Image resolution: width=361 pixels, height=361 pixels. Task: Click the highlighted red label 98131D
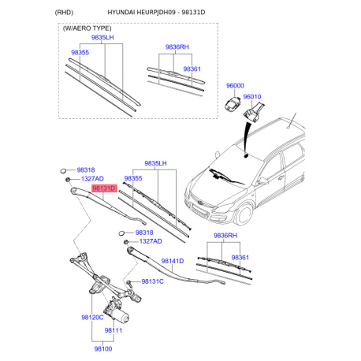point(104,188)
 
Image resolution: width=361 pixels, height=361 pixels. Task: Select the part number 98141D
point(173,261)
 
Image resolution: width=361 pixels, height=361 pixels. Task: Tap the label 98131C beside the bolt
point(152,281)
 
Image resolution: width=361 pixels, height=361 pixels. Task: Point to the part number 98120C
point(92,318)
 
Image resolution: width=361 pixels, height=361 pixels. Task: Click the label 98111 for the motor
point(114,330)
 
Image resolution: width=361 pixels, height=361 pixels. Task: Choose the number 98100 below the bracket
point(103,348)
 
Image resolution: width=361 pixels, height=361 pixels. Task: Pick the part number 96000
point(235,85)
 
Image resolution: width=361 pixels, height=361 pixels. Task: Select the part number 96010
point(252,97)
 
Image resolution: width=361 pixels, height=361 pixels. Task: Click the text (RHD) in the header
point(64,13)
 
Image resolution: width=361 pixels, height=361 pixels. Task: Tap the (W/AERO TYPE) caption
point(87,28)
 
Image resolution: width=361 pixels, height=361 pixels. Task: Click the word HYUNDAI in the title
point(121,13)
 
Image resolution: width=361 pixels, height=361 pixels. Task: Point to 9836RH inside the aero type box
point(177,47)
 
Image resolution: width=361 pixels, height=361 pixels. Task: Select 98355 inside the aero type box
point(80,52)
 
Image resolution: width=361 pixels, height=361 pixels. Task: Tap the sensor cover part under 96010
point(254,112)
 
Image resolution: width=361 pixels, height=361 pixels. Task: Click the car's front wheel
point(244,214)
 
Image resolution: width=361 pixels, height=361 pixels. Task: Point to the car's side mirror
point(262,180)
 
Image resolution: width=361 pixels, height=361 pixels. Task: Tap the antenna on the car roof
point(292,121)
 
